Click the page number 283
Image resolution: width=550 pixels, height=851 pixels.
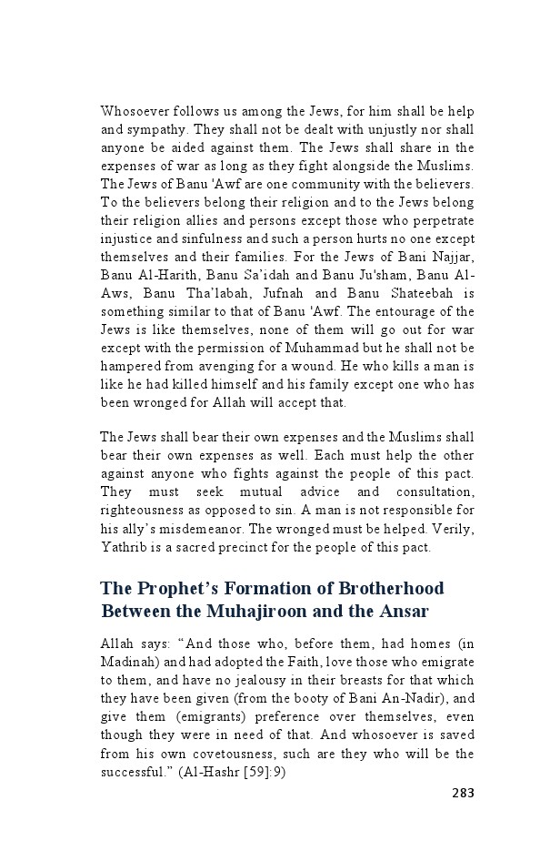pos(463,792)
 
